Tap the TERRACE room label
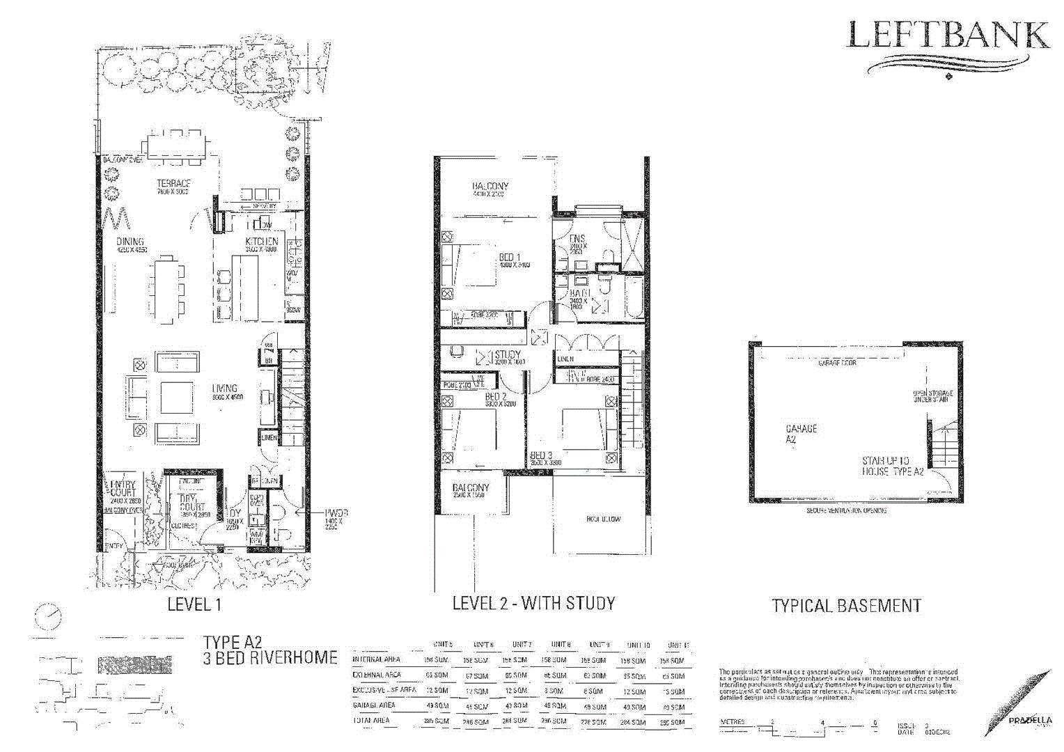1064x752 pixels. [x=173, y=184]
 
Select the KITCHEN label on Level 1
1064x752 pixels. [x=261, y=242]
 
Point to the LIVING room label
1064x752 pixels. [x=224, y=389]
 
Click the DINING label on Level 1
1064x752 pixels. [x=130, y=242]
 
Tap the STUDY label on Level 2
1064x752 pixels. [x=508, y=354]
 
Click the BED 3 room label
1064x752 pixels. [x=541, y=455]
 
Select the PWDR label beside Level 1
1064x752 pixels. [x=336, y=513]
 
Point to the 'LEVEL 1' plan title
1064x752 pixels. [x=194, y=604]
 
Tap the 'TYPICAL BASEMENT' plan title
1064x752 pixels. [x=846, y=606]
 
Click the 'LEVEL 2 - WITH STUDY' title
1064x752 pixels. [x=533, y=603]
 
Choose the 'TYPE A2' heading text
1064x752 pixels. [x=233, y=642]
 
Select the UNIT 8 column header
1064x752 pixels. [x=561, y=645]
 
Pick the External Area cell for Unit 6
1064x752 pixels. [x=476, y=675]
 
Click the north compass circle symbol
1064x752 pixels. [x=49, y=616]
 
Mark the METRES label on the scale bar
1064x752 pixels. [x=733, y=722]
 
